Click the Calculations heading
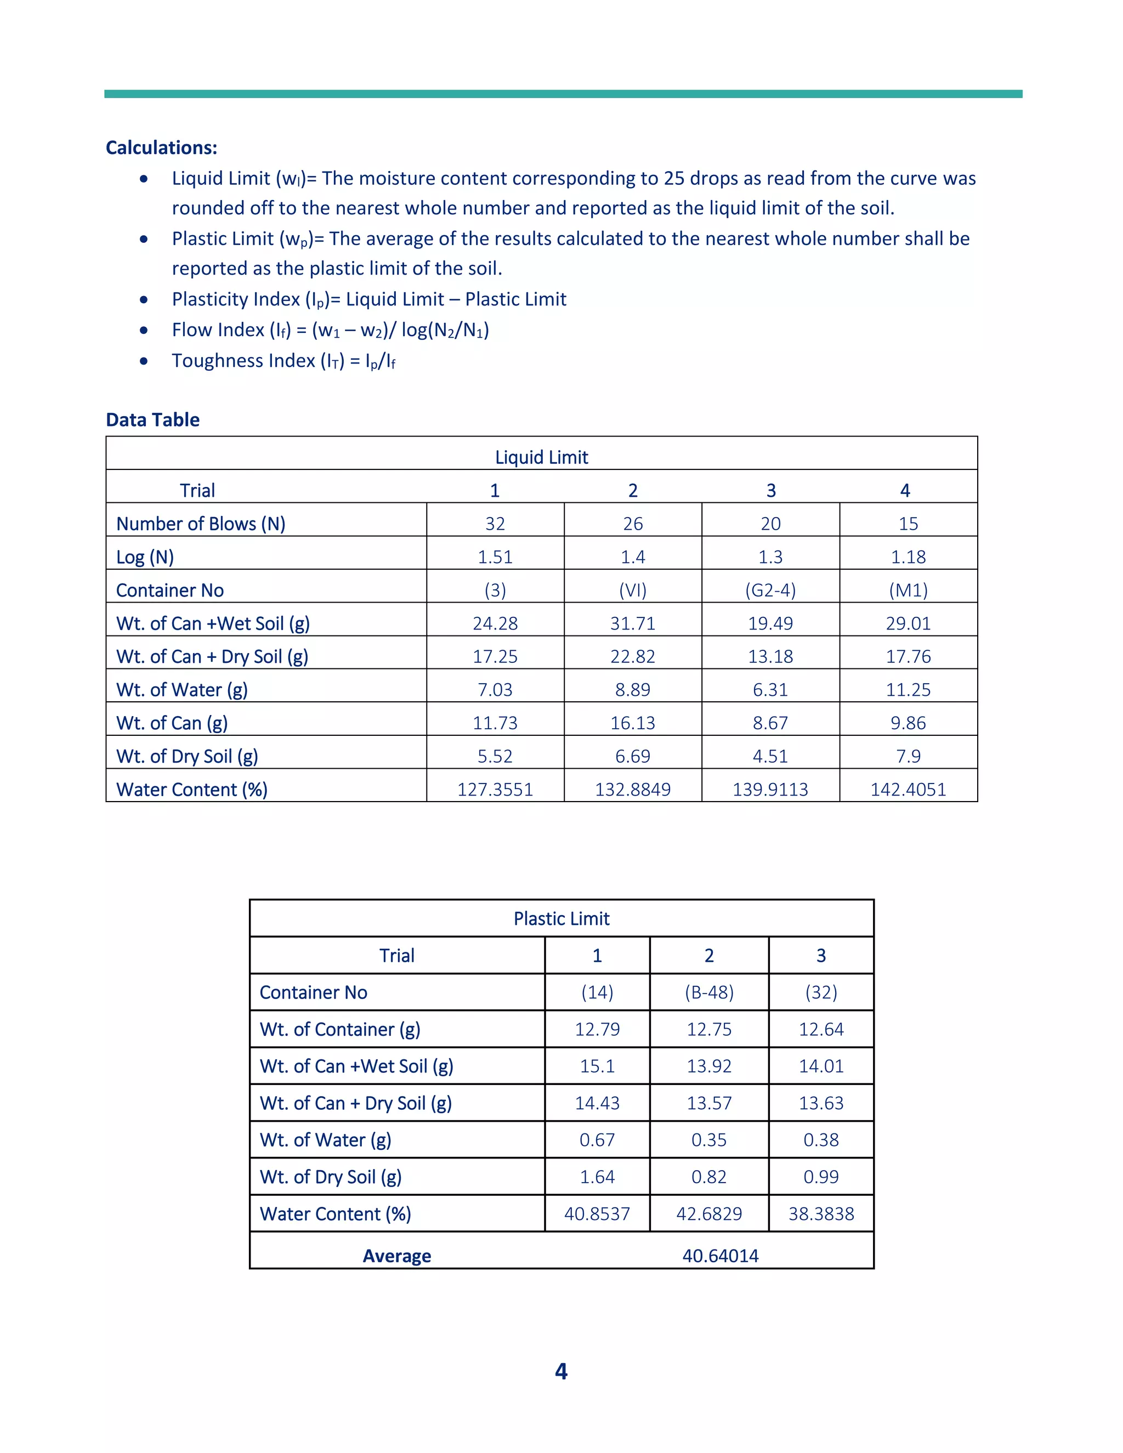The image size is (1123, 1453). click(x=161, y=147)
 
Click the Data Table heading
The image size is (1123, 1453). click(x=152, y=420)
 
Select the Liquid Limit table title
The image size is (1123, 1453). click(x=542, y=457)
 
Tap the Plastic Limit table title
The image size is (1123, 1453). click(x=561, y=919)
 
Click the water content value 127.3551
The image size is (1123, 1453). click(x=495, y=790)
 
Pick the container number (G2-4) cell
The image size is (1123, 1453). click(x=770, y=590)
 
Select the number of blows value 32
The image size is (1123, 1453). click(x=495, y=524)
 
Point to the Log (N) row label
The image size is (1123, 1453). click(x=145, y=557)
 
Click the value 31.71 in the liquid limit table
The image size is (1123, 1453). click(x=633, y=623)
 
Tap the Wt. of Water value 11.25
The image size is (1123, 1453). click(x=908, y=690)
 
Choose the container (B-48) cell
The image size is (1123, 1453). click(x=709, y=992)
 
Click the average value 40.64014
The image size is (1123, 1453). click(x=721, y=1256)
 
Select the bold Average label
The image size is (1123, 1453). click(x=396, y=1256)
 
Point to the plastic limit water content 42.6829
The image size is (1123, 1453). click(x=709, y=1214)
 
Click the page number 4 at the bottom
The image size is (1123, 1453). click(x=561, y=1371)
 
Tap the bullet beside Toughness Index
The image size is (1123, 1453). click(x=144, y=361)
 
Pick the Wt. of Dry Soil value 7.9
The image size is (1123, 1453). click(x=908, y=757)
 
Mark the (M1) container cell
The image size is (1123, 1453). click(x=908, y=590)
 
